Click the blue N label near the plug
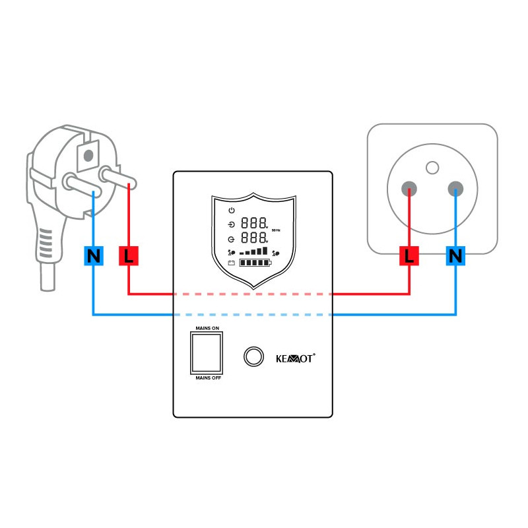[x=94, y=255]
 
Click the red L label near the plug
[x=128, y=255]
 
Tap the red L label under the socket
[x=409, y=255]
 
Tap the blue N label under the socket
[x=455, y=255]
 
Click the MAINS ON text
[x=207, y=327]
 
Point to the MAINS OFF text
[x=207, y=378]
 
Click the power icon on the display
[x=232, y=210]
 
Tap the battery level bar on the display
[x=254, y=264]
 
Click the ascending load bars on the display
[x=254, y=251]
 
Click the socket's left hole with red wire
[x=411, y=189]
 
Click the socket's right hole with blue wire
[x=455, y=190]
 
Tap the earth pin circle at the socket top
[x=432, y=167]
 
